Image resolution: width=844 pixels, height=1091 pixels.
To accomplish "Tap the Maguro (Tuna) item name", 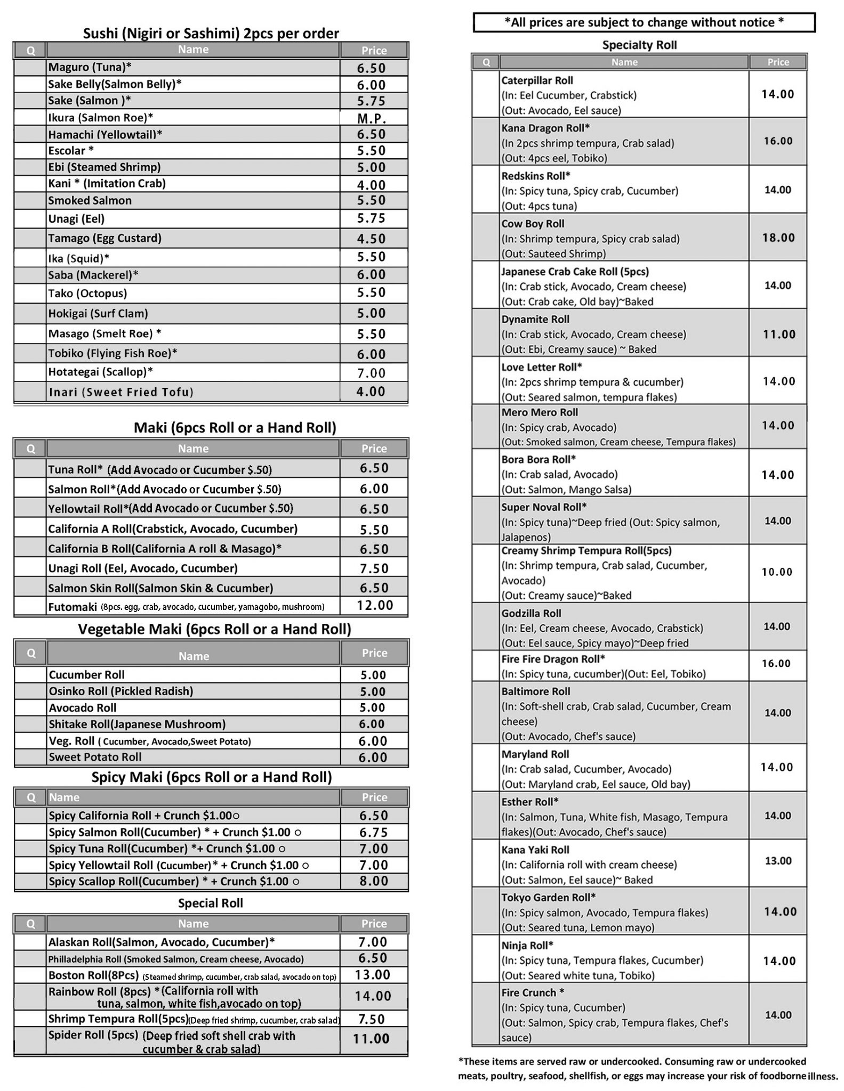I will point(90,67).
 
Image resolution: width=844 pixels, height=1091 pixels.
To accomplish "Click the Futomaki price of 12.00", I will point(375,605).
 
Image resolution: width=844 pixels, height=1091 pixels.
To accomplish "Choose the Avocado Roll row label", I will point(83,707).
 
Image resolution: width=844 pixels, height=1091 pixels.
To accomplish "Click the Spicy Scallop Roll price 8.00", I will point(374,881).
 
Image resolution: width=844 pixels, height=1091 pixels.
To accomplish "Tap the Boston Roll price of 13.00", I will point(373,975).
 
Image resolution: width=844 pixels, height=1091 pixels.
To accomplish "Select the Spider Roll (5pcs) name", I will point(93,1036).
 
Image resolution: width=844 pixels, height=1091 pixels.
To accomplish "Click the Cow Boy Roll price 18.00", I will point(778,238).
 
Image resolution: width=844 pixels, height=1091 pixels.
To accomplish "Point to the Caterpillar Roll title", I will point(537,80).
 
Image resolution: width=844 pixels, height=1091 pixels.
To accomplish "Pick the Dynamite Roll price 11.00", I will point(778,335).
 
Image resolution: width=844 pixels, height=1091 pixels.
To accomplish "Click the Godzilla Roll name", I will point(531,613).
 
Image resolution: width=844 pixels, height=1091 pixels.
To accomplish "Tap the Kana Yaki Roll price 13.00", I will point(778,861).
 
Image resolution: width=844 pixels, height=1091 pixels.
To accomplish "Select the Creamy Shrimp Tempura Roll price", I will point(777,572).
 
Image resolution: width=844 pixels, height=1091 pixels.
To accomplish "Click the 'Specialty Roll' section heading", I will point(639,45).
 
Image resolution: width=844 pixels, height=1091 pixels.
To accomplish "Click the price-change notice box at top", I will point(644,22).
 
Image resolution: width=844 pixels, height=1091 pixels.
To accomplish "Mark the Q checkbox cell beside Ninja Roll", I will point(485,960).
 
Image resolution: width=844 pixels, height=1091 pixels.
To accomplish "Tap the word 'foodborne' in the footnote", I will point(783,1076).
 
